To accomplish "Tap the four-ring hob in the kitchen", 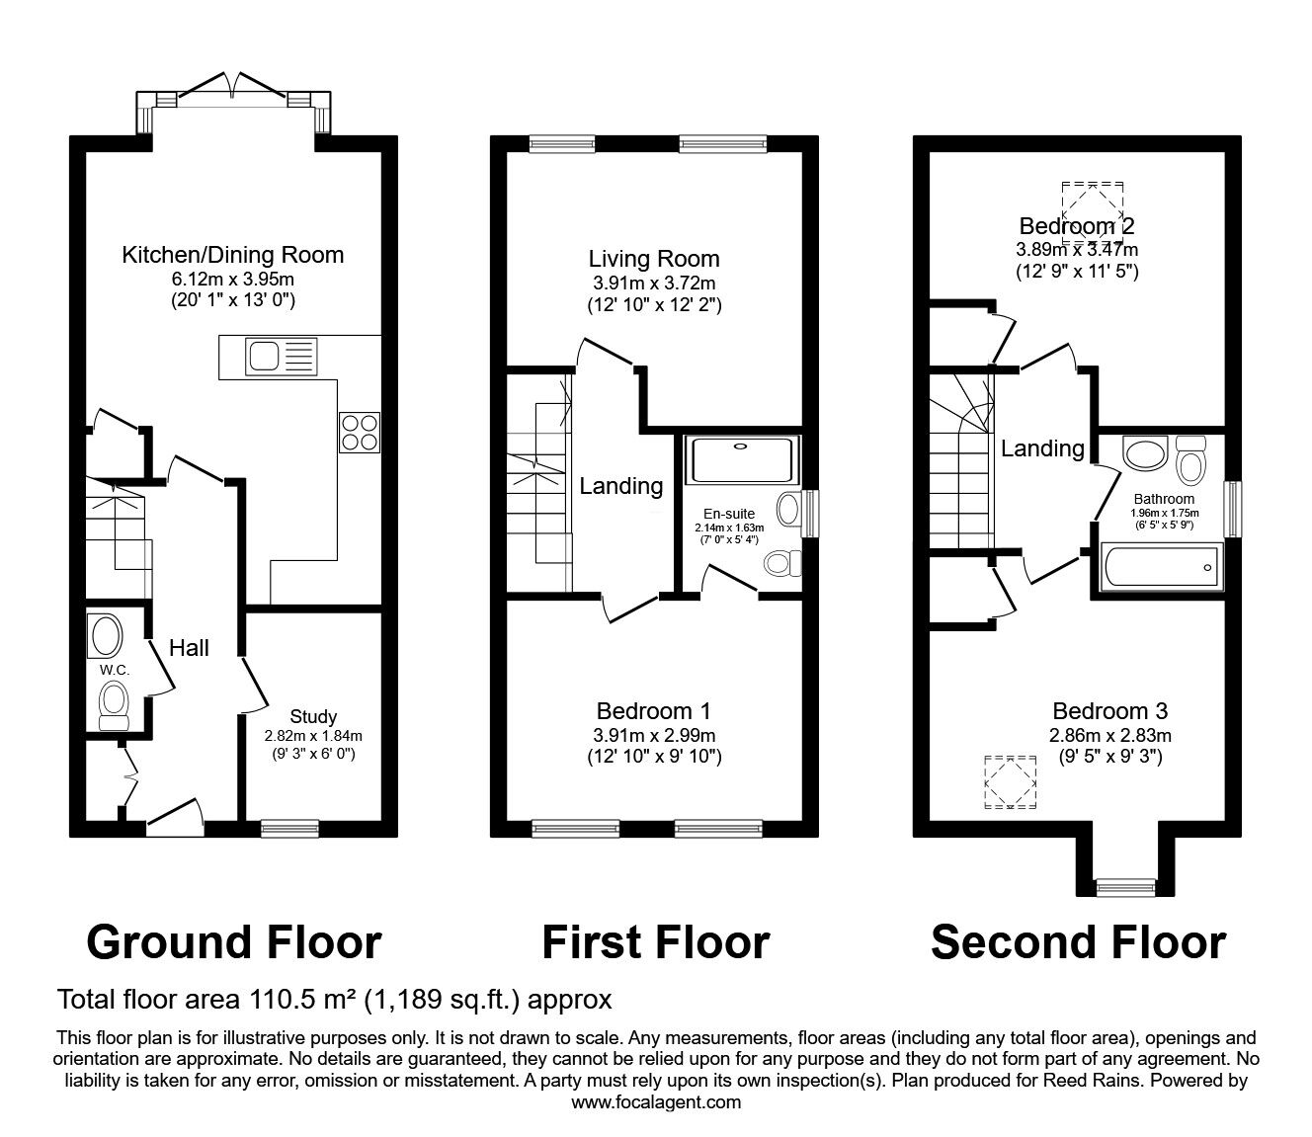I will [x=359, y=432].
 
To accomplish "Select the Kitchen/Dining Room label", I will [x=232, y=255].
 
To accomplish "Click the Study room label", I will [x=313, y=716].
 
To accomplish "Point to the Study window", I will [x=289, y=829].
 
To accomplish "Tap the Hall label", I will [x=189, y=647].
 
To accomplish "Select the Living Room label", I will [x=654, y=260].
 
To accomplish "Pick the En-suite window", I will [x=810, y=511].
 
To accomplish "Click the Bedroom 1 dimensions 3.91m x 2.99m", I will [x=655, y=735].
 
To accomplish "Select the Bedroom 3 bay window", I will [x=1124, y=886].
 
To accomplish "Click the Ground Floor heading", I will [x=233, y=942].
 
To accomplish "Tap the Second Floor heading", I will [x=1078, y=942].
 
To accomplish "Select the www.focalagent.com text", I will [x=656, y=1102].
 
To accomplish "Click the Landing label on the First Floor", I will [x=620, y=486].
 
